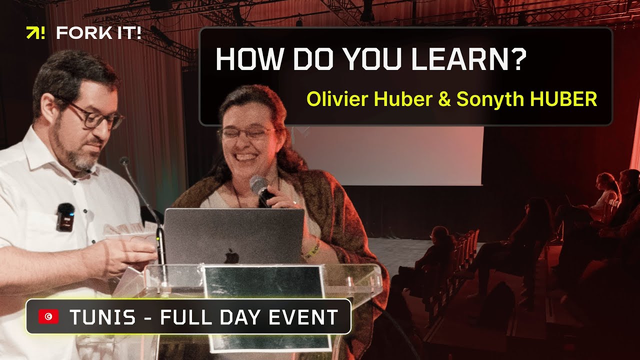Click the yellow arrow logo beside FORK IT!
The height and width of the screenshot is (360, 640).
(35, 33)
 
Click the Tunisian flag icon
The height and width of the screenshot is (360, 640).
(48, 316)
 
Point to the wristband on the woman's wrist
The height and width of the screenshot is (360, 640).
(311, 248)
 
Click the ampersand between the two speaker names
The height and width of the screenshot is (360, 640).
(443, 99)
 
